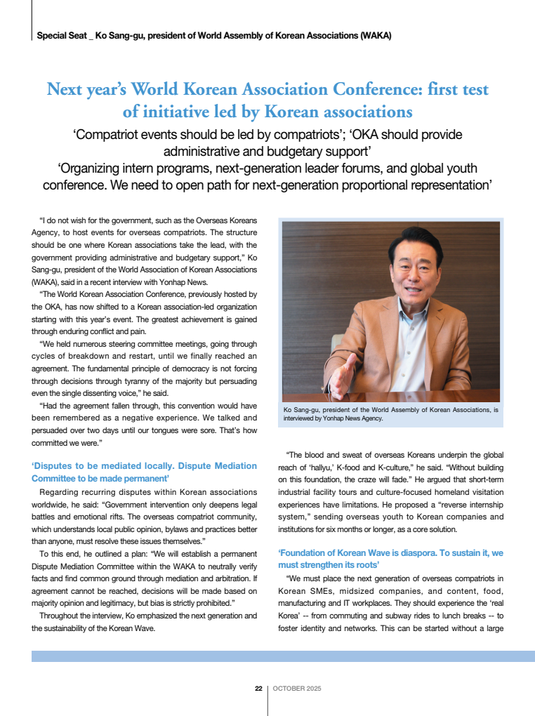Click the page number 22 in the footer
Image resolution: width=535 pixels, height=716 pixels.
click(258, 689)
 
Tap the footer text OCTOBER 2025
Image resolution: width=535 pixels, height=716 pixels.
click(296, 689)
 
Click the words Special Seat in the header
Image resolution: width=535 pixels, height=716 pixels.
click(61, 35)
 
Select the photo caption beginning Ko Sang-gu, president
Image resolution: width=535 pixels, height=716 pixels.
click(390, 413)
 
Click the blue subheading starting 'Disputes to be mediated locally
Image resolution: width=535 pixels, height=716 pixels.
click(144, 472)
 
